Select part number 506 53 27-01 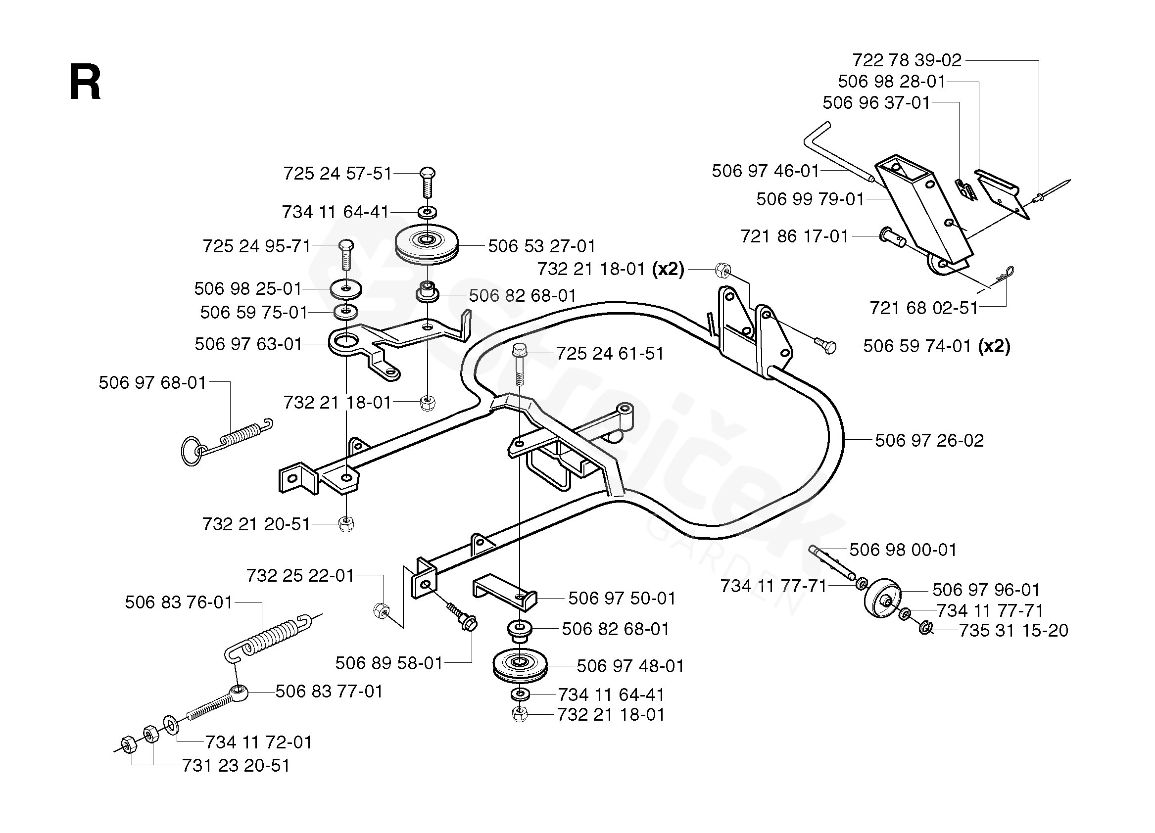[541, 246]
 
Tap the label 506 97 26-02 [929, 440]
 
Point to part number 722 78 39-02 [907, 60]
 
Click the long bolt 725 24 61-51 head [520, 350]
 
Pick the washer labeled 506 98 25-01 [346, 289]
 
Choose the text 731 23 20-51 [236, 766]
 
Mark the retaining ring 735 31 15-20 [925, 628]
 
